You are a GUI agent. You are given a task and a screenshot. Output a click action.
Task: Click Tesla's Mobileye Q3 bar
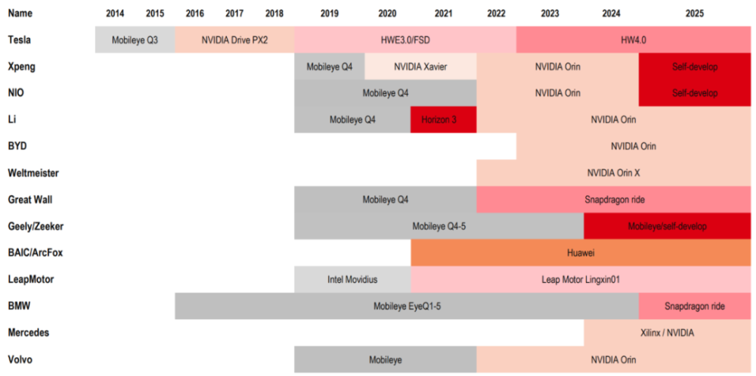tap(135, 40)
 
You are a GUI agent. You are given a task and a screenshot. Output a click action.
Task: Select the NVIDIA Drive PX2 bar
tap(234, 40)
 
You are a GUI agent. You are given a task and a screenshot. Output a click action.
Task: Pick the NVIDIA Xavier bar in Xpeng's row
tap(420, 67)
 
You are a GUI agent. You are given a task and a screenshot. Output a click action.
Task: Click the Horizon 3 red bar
tap(444, 120)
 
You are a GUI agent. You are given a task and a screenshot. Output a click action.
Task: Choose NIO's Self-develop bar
tap(695, 93)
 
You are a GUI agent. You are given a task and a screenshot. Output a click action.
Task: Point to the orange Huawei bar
tap(581, 253)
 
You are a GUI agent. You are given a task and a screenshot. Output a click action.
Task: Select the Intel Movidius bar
tap(352, 279)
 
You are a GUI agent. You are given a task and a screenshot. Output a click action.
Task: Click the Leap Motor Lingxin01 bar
tap(581, 279)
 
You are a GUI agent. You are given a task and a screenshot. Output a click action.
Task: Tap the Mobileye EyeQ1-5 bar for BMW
tap(407, 306)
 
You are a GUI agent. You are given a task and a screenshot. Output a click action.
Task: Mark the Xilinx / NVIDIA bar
tap(667, 333)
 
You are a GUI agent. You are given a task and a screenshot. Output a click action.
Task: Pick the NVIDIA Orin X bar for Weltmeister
tap(613, 173)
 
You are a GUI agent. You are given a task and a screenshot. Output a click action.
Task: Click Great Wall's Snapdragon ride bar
tap(613, 200)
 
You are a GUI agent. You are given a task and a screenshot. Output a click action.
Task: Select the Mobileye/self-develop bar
tap(667, 226)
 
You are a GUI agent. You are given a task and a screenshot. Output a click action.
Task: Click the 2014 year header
tap(116, 14)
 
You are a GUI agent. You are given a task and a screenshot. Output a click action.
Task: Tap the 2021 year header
tap(445, 14)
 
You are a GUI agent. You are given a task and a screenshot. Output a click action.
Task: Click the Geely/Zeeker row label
tap(35, 226)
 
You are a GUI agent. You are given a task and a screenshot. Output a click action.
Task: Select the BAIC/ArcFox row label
tap(33, 253)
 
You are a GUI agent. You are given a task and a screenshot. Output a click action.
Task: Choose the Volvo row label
tap(20, 359)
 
